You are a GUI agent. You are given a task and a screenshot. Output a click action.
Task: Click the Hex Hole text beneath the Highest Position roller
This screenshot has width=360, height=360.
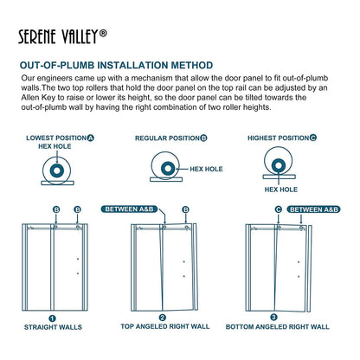pos(280,189)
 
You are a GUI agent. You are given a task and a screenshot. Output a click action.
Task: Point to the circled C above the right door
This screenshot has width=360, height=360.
pos(278,209)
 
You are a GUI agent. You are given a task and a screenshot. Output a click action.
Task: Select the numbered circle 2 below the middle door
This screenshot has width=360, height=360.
pos(163,318)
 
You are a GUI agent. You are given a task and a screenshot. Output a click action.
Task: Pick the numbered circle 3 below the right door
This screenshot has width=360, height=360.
pos(274,318)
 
